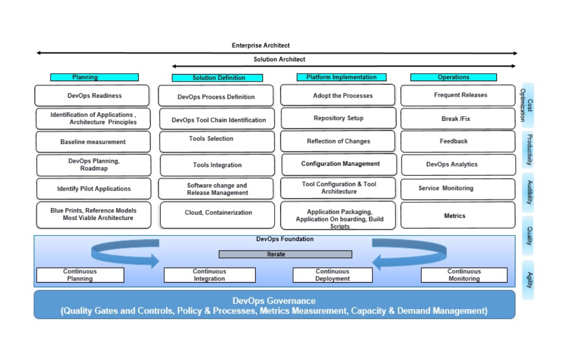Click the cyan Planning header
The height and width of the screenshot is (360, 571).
click(94, 77)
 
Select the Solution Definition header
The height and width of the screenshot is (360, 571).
click(217, 78)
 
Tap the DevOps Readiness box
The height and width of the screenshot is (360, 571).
click(92, 96)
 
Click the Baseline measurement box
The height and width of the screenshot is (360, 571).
click(93, 142)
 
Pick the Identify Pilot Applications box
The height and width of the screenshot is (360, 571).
click(93, 189)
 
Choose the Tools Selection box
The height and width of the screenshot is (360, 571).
click(217, 141)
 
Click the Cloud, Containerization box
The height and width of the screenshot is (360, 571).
click(217, 215)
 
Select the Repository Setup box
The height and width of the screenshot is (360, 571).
click(338, 118)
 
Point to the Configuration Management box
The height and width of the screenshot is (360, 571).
click(340, 164)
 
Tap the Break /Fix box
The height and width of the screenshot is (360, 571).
click(458, 119)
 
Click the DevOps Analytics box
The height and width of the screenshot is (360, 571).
click(458, 165)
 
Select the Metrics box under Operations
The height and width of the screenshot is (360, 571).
click(458, 216)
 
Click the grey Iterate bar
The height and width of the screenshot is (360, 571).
click(285, 254)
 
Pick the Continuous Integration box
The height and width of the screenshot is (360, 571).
click(210, 275)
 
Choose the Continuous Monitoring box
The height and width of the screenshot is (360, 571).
click(464, 275)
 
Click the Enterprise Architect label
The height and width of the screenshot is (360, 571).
click(260, 46)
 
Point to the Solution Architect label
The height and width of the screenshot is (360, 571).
click(279, 59)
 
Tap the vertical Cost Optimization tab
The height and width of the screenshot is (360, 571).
click(528, 105)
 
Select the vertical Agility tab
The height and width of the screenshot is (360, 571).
click(528, 280)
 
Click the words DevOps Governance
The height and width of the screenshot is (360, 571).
click(274, 301)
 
